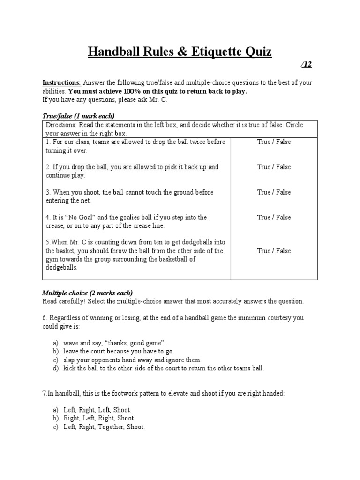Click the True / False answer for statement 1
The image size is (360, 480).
pyautogui.click(x=274, y=142)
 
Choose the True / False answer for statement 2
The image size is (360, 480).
pyautogui.click(x=274, y=167)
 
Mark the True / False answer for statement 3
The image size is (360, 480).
pyautogui.click(x=274, y=192)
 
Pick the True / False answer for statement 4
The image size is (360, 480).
pyautogui.click(x=274, y=217)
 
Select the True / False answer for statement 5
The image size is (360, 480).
pyautogui.click(x=274, y=251)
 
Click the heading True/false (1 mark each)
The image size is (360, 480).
pyautogui.click(x=78, y=116)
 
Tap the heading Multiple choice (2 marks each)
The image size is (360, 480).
pyautogui.click(x=87, y=293)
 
